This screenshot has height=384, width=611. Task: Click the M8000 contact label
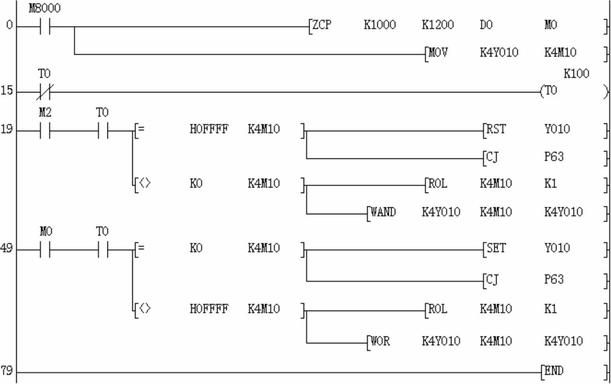pos(45,8)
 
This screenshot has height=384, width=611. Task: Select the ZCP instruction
pos(322,25)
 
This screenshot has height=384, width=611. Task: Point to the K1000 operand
pos(379,25)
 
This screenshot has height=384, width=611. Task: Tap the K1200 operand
pos(438,25)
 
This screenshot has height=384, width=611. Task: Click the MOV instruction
pos(438,53)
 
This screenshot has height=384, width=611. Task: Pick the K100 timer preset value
pos(576,74)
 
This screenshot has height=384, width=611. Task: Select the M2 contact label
pos(45,112)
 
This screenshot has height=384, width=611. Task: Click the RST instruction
pos(496,129)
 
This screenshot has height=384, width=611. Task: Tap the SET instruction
pos(496,248)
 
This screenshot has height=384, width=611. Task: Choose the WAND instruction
pos(383,212)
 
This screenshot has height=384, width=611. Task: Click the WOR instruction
pos(380,341)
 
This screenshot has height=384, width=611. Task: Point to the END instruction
pos(554,371)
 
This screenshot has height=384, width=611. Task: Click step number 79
pos(7,371)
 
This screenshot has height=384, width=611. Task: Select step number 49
pos(7,248)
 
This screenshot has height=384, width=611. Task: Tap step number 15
pos(7,90)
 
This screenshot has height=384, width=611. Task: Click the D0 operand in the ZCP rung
pos(486,25)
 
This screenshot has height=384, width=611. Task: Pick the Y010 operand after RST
pos(557,129)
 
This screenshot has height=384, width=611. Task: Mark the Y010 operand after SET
pos(557,248)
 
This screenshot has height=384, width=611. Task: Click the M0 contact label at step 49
pos(46,232)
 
